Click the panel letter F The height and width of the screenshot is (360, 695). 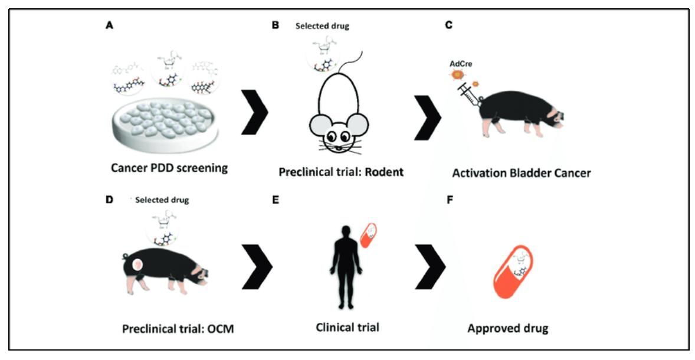pyautogui.click(x=450, y=200)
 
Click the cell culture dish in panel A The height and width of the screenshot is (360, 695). pyautogui.click(x=169, y=133)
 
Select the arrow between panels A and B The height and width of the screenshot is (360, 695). pyautogui.click(x=255, y=112)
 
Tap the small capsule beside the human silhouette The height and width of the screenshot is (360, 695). pyautogui.click(x=368, y=235)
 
